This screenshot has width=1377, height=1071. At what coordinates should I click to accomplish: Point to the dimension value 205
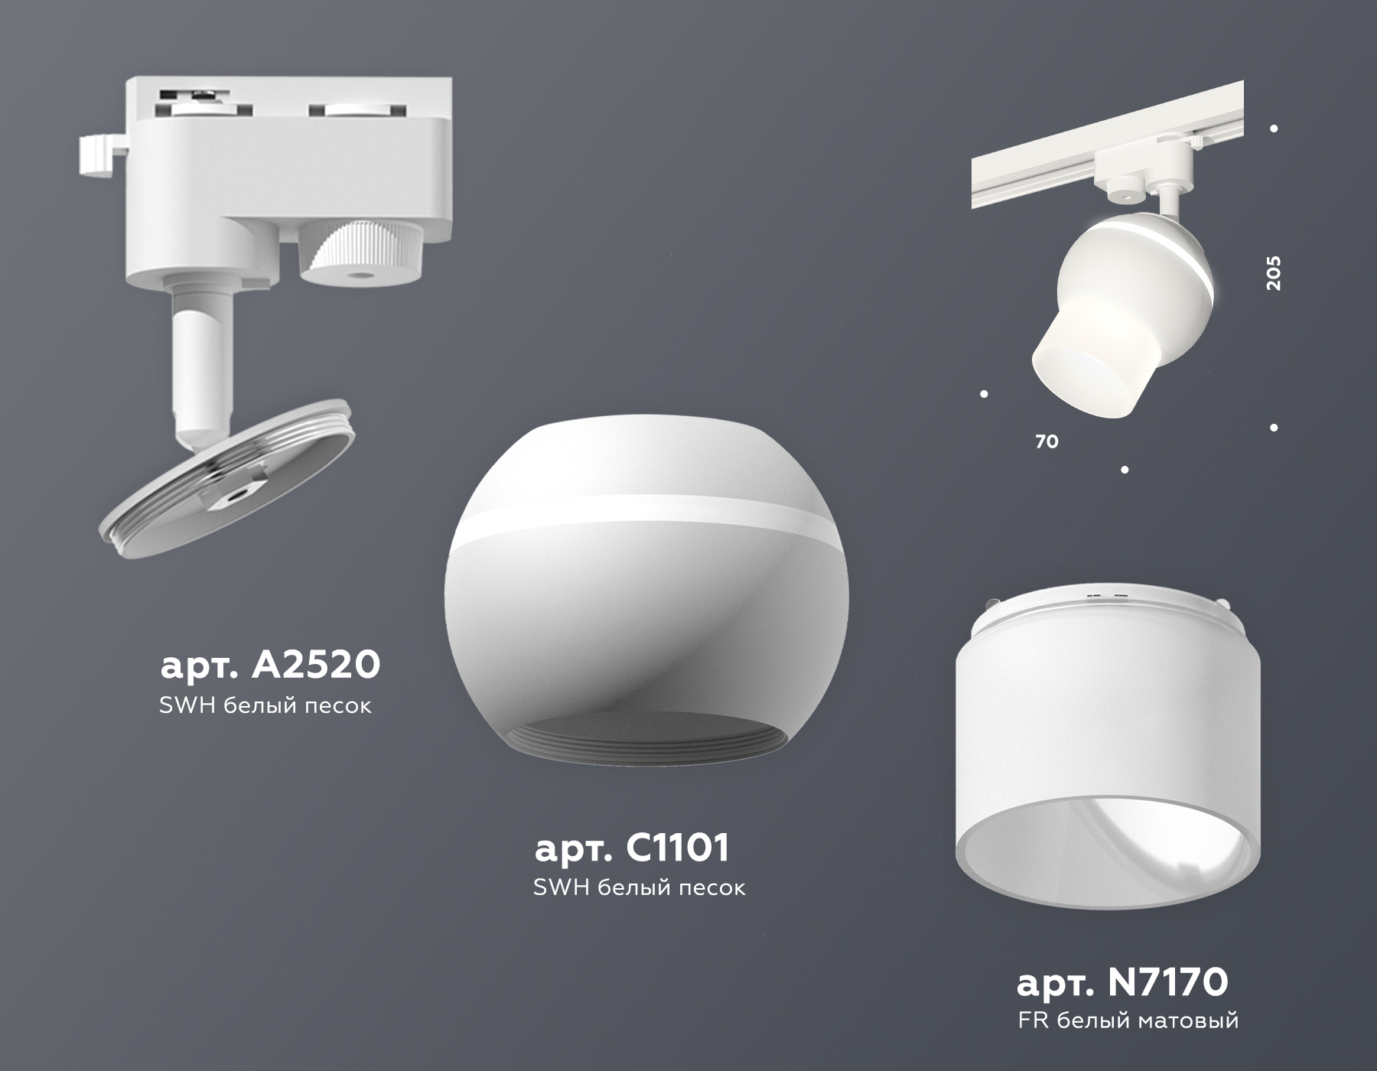[x=1273, y=272]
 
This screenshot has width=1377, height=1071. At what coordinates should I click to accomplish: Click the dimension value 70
[x=1047, y=441]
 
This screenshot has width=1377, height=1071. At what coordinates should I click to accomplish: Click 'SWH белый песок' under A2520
[x=265, y=705]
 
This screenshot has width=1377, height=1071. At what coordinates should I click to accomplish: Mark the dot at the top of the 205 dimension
[x=1274, y=129]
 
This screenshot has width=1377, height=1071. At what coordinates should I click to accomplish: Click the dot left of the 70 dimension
[x=984, y=394]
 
